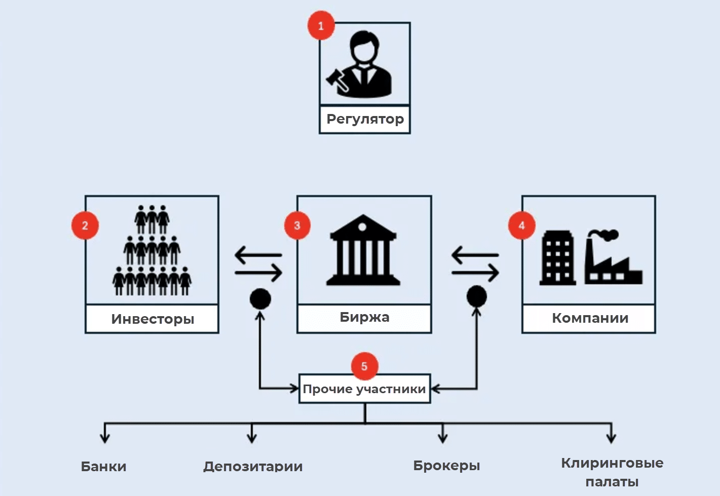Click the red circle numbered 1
pos(321,25)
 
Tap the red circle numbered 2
pos(85,225)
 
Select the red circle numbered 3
pos(297,225)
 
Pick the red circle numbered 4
pos(522,225)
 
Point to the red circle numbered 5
pos(364,366)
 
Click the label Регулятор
pos(365,120)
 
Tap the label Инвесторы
pos(153,319)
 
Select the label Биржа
pos(364,318)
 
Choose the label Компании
pos(590,318)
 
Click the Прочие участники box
pos(364,389)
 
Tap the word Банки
pos(104,466)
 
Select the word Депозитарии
pos(253,466)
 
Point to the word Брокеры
pos(446,466)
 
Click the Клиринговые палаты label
pos(612,472)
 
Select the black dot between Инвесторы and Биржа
pos(260,299)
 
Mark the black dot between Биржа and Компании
pos(476,296)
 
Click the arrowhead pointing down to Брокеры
pos(443,439)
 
